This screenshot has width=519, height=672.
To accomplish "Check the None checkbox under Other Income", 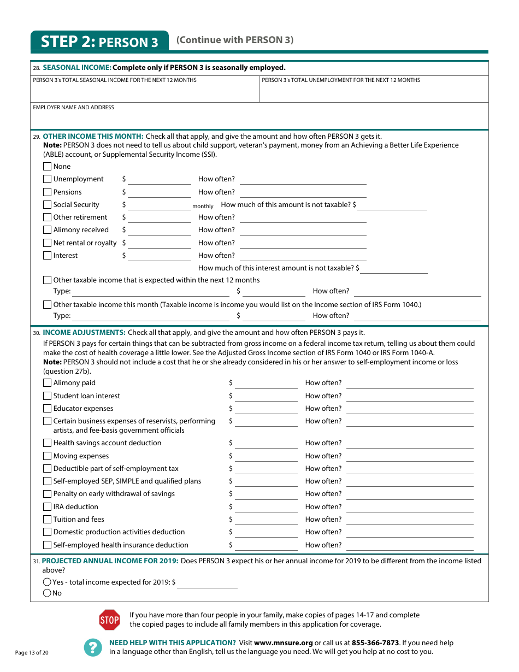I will pos(48,167).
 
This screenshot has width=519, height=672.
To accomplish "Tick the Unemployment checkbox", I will pos(48,179).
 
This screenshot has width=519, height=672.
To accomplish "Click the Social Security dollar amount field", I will pos(160,205).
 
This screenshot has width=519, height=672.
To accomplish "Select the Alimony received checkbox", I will pos(48,230).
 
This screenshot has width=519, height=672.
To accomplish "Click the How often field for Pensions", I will pos(303,192).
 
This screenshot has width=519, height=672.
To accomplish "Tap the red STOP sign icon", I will pos(109,620).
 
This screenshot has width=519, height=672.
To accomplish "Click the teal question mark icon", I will pos(93,647).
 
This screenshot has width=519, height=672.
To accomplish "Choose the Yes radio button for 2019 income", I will pos(48,582).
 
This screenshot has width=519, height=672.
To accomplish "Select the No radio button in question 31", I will pos(48,593).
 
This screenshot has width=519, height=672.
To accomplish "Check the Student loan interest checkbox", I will pos(48,396).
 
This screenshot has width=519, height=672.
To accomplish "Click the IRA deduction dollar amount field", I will pos(266,508).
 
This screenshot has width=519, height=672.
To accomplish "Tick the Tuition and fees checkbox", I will pos(48,520).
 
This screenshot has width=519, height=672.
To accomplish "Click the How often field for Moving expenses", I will pos(410,457).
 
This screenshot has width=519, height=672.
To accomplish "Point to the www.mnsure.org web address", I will pos(284,643).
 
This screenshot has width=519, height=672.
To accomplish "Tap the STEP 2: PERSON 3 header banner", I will pos(99,42).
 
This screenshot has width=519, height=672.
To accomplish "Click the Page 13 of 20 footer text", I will pos(32,653).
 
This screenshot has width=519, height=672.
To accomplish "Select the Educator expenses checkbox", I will pos(48,409).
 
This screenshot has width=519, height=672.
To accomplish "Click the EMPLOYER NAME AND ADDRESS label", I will pos(74,108).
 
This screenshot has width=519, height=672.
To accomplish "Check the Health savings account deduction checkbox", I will pos(48,443).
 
